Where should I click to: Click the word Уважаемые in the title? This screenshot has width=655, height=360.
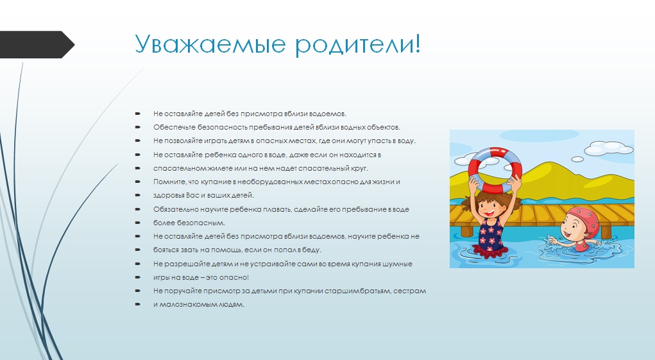tap(210, 45)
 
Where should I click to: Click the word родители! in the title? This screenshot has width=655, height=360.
tap(358, 44)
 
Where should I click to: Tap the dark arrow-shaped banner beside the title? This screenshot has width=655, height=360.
tap(37, 44)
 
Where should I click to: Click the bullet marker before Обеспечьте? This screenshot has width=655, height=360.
tap(138, 127)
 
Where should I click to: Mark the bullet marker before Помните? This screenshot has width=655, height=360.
tap(138, 182)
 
